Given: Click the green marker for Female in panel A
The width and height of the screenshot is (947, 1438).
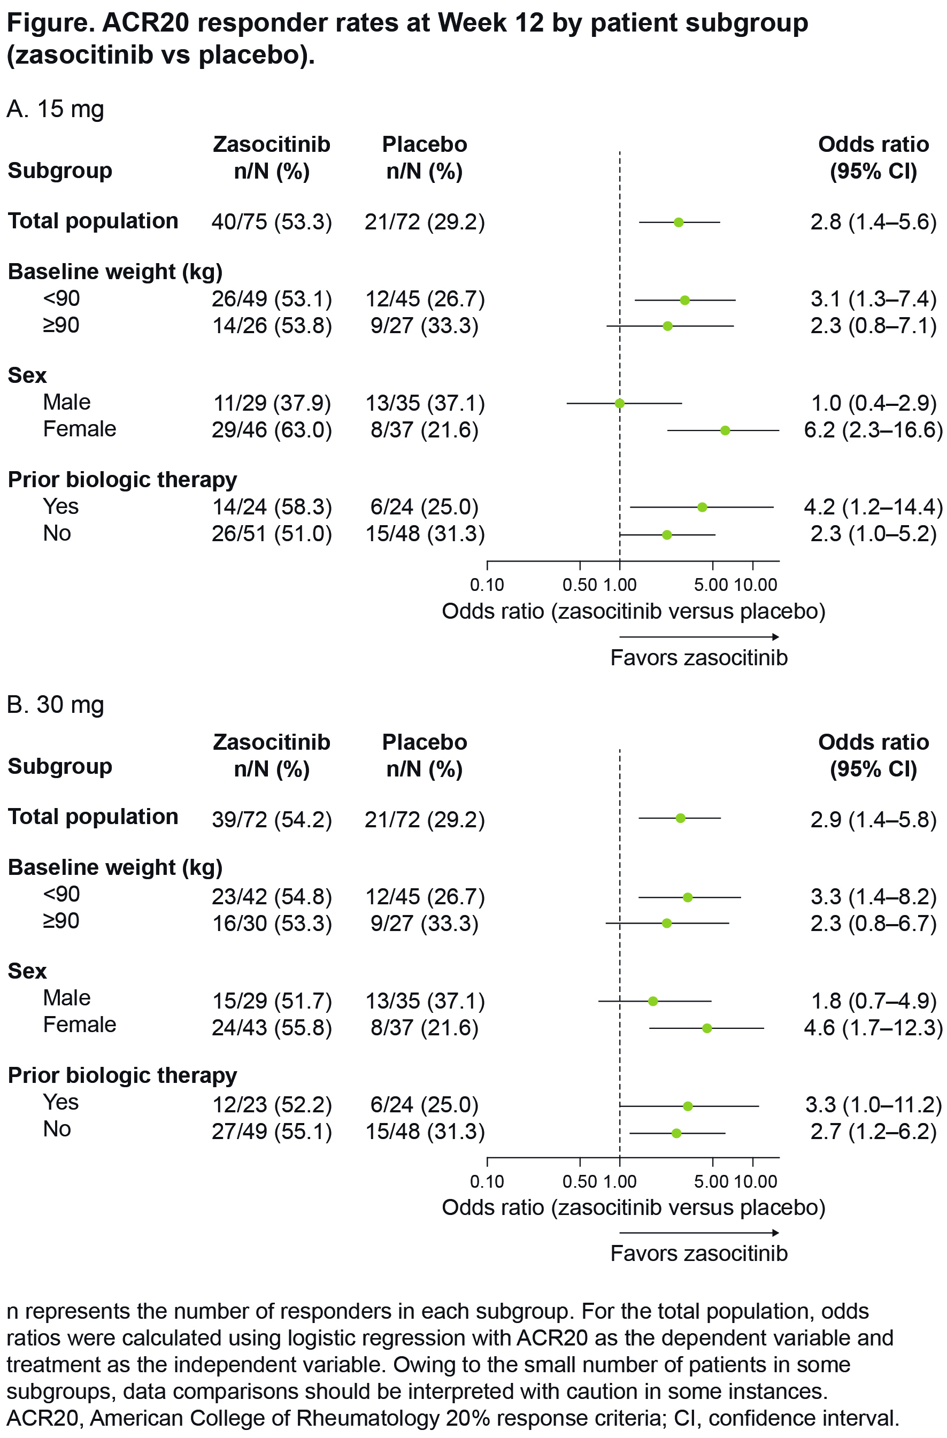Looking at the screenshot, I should [725, 430].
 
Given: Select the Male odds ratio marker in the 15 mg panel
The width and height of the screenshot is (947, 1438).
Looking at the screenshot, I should [619, 403].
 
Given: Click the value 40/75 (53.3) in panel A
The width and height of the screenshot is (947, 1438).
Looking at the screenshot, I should [271, 222].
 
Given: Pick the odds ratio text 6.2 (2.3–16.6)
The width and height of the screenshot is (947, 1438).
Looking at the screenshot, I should [873, 430].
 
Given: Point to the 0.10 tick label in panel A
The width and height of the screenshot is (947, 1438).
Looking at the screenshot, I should [487, 585].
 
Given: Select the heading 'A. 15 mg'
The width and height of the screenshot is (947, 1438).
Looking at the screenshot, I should [56, 109].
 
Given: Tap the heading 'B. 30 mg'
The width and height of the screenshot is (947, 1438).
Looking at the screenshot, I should [56, 704].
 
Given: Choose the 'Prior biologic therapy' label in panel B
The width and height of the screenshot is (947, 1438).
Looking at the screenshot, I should [122, 1075].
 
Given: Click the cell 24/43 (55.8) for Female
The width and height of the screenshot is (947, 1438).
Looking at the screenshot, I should [271, 1028].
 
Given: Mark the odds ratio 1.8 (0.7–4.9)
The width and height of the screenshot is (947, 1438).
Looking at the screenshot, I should [873, 1001].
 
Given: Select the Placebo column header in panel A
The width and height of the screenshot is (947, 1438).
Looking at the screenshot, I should [424, 158].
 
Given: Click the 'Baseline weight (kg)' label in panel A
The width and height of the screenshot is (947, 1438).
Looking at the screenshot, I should [115, 272].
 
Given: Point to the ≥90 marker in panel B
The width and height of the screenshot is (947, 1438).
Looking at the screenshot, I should [667, 923].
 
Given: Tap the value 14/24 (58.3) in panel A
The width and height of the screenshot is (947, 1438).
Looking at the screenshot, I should [271, 507].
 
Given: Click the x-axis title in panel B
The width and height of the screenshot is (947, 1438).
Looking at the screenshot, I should [633, 1206].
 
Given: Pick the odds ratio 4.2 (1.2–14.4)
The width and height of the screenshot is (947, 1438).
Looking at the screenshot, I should [873, 507].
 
